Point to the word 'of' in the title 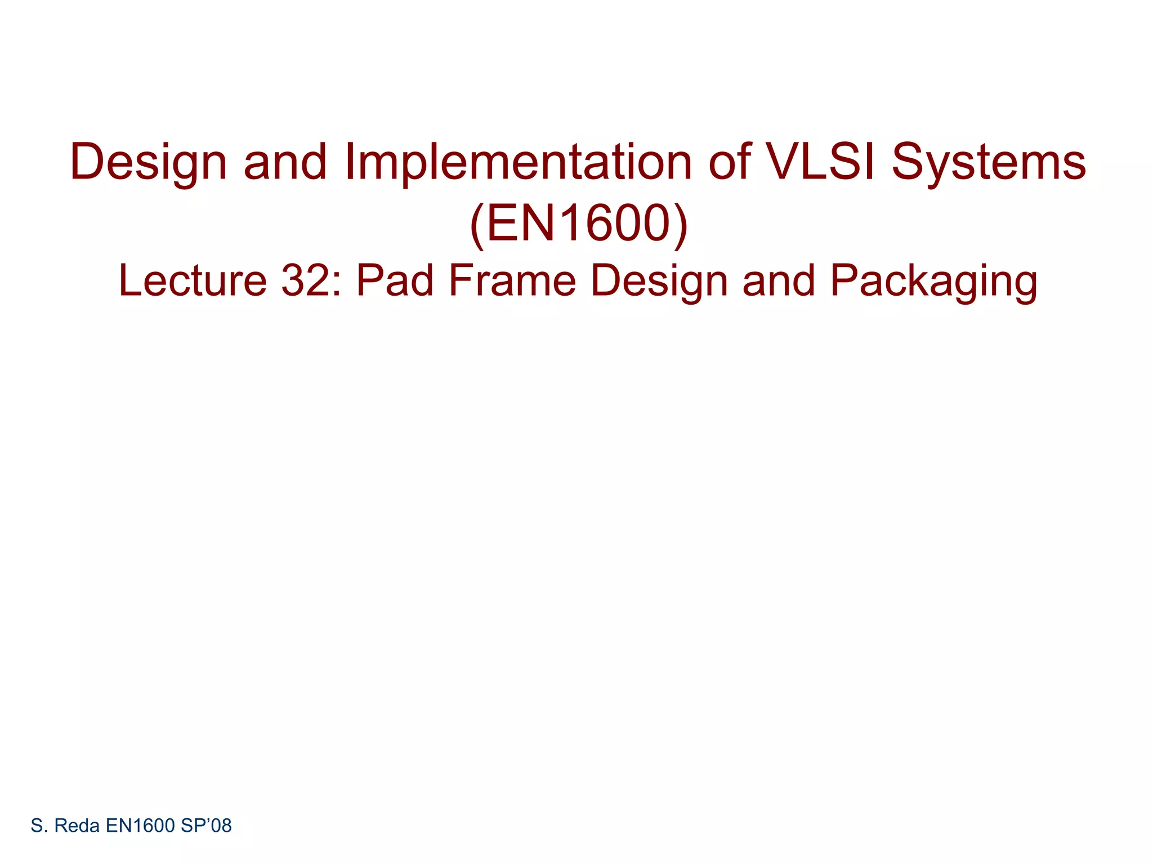pos(730,162)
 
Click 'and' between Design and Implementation pos(285,162)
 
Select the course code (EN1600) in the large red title pos(578,224)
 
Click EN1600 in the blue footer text pos(140,826)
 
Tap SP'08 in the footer pos(206,826)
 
